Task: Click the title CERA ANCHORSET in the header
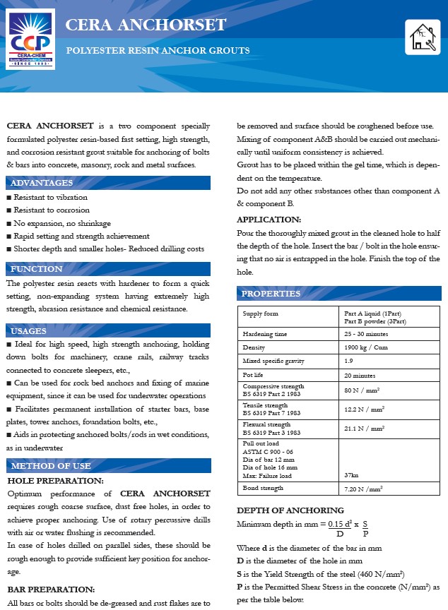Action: [x=146, y=25]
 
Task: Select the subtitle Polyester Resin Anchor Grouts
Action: [x=158, y=51]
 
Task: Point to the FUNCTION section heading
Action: [x=37, y=269]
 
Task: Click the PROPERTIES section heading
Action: [x=271, y=294]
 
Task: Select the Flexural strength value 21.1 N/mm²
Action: [x=364, y=428]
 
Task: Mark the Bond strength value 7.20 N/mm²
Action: [x=363, y=488]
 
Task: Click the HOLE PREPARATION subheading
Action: [x=55, y=481]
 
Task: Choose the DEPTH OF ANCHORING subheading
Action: [x=290, y=510]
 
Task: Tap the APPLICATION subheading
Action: [x=269, y=220]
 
